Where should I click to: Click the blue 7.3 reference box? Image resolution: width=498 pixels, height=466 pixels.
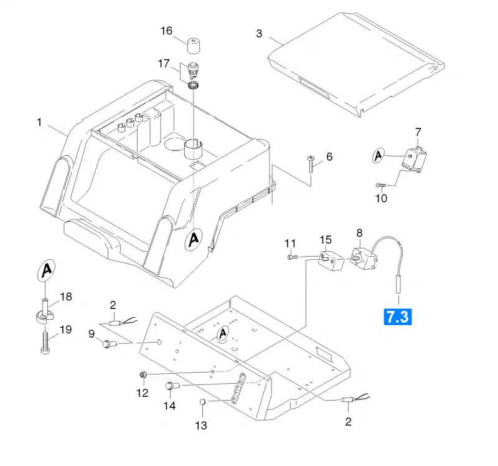398,317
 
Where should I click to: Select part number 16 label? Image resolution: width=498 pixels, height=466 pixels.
166,31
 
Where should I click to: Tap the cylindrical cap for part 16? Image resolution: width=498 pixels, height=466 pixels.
194,46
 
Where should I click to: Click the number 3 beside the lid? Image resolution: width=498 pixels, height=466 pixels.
259,34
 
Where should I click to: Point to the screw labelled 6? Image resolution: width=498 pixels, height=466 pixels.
311,164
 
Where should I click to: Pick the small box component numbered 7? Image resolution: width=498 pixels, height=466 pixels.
414,159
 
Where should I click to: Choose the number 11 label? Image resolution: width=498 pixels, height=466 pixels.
290,244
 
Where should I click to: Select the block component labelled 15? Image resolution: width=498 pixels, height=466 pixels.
332,261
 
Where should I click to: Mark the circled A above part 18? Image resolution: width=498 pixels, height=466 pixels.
46,270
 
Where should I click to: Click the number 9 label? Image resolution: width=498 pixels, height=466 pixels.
92,334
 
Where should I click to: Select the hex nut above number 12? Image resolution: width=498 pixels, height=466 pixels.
143,375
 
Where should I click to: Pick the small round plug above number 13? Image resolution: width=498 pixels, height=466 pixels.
203,402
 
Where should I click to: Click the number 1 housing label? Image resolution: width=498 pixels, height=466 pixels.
39,122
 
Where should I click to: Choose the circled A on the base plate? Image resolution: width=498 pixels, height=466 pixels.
223,334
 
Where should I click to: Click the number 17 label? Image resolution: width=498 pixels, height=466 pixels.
164,64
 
